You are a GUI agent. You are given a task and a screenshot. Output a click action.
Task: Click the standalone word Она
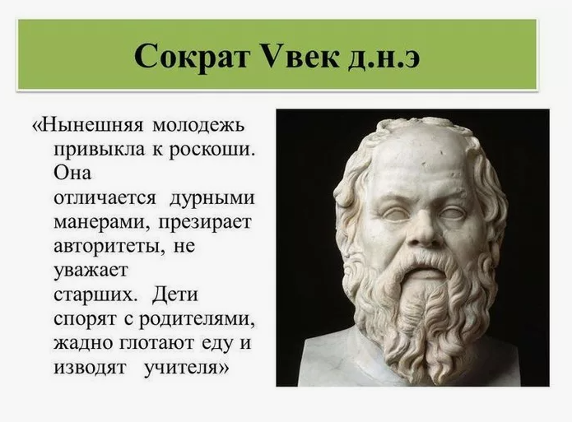pyautogui.click(x=72, y=174)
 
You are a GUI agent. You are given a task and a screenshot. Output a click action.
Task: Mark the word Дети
pyautogui.click(x=175, y=293)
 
